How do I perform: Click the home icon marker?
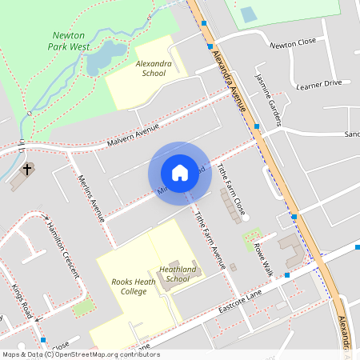pyautogui.click(x=180, y=173)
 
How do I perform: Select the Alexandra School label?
pyautogui.click(x=150, y=67)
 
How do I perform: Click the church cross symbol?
pyautogui.click(x=27, y=169)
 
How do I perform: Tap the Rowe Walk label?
pyautogui.click(x=264, y=259)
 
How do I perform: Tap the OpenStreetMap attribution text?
pyautogui.click(x=81, y=354)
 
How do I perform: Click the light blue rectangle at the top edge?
pyautogui.click(x=249, y=14)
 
